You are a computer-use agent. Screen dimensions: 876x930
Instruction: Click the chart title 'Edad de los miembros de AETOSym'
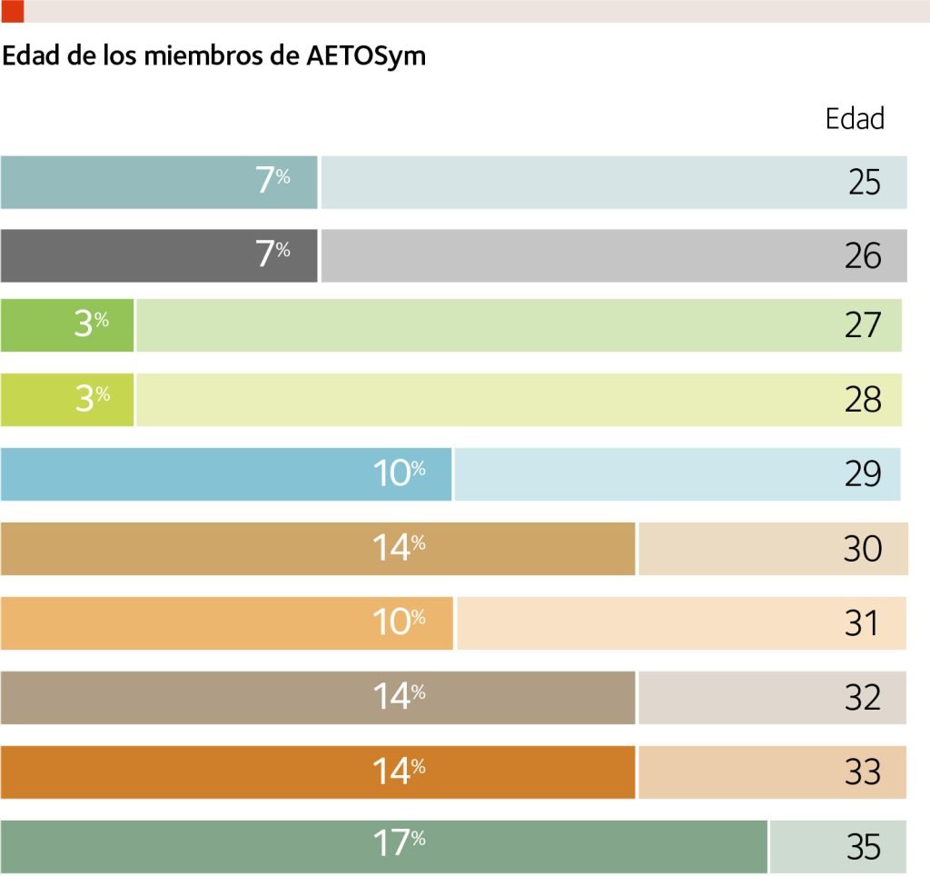point(214,56)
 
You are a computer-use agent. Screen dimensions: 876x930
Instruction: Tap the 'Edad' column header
point(855,119)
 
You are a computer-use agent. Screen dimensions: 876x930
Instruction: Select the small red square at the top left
point(13,10)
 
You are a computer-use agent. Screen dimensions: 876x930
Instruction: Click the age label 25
point(865,183)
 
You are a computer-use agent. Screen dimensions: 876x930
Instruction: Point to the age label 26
point(863,256)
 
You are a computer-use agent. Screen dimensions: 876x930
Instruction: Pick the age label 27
point(863,325)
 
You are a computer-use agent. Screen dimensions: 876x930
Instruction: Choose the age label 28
point(863,400)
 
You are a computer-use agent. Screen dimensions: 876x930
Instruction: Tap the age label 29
point(863,474)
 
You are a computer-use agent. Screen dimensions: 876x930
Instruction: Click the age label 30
point(863,549)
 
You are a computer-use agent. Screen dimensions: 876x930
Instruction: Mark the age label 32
point(863,698)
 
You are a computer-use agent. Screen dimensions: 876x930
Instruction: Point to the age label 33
point(863,772)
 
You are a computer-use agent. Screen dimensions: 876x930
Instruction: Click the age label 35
point(864,847)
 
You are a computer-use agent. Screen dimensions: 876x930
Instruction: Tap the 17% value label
point(400,844)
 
